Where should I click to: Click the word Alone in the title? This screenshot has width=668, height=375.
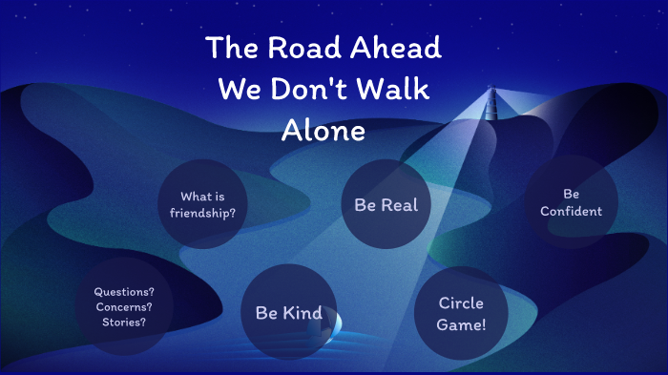point(324,131)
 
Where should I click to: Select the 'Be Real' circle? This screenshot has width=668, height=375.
point(386,205)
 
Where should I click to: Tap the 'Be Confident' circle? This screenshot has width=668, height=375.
point(571,201)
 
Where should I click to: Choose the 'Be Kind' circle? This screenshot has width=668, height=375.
point(288,312)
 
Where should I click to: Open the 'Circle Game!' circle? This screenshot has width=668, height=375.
point(461,313)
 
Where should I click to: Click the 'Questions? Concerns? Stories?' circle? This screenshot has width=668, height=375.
point(124,305)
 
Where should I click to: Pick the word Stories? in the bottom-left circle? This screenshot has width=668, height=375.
point(124,322)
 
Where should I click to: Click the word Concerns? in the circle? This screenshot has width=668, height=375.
point(124,306)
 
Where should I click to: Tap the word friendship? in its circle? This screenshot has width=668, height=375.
point(202,212)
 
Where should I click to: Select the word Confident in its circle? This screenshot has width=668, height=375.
point(571,211)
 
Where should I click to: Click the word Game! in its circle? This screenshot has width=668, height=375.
point(461,323)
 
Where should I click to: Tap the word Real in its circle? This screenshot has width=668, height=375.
point(399,205)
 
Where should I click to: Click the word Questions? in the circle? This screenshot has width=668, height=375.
point(124,291)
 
